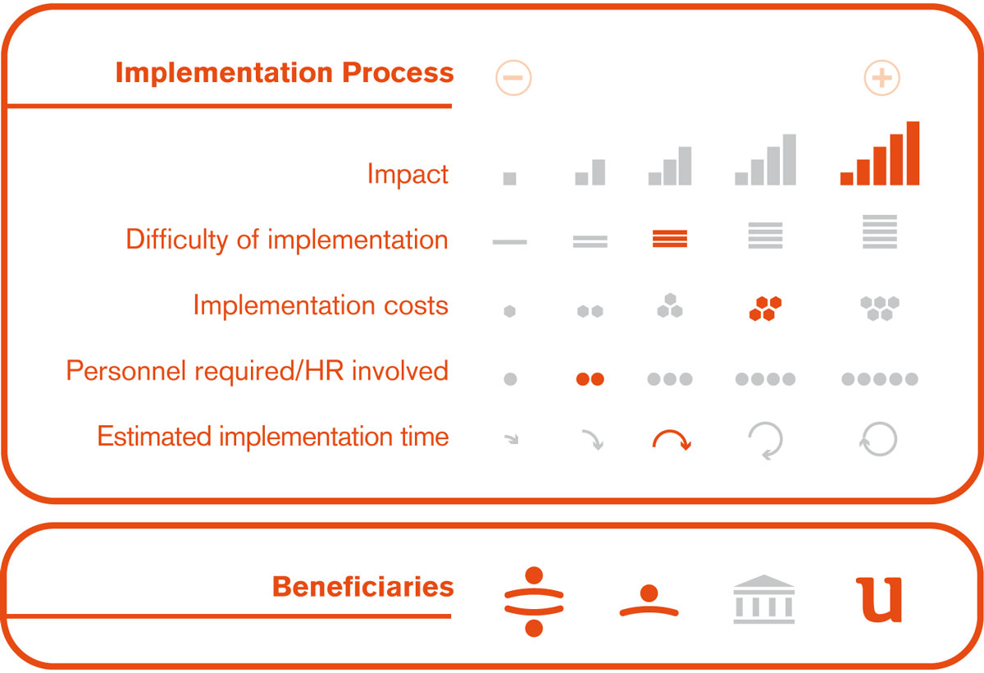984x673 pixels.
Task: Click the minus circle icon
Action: pos(513,78)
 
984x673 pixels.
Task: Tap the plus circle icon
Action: pos(881,78)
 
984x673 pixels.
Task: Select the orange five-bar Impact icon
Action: pos(879,153)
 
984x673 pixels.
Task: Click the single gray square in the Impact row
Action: pos(509,178)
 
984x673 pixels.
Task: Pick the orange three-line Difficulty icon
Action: pos(670,239)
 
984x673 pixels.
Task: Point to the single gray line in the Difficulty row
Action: pos(509,242)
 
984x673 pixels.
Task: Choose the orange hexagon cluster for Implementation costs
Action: pos(765,309)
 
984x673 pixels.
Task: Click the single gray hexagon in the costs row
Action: pos(509,311)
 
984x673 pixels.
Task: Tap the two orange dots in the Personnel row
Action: pos(590,378)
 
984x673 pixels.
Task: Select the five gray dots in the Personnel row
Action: pos(879,378)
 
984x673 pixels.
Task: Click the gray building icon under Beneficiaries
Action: pos(764,599)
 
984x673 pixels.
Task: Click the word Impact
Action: pos(408,174)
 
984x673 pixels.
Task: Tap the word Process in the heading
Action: pos(398,72)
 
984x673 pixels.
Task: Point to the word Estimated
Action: pos(154,436)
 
